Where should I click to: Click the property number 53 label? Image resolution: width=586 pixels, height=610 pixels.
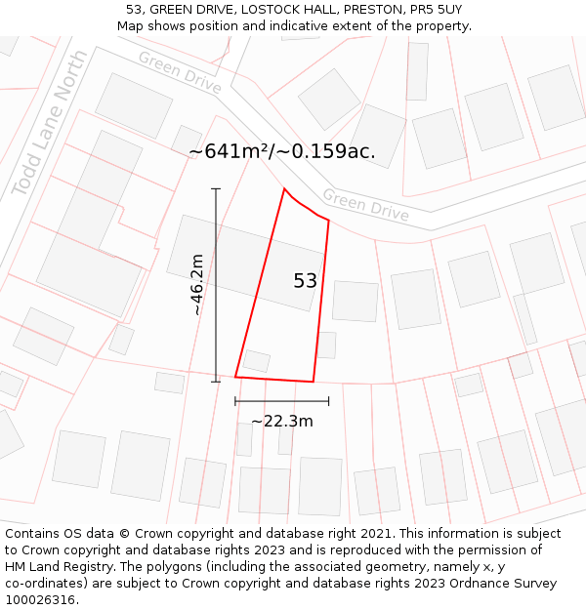305,281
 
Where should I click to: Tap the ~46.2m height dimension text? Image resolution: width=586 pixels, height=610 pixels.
196,284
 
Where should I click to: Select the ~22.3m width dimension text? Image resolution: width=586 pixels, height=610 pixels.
282,422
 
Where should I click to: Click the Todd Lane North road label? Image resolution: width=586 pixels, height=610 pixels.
48,124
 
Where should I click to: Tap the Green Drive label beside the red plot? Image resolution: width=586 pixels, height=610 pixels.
365,205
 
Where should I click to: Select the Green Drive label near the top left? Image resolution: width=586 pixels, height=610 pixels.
179,72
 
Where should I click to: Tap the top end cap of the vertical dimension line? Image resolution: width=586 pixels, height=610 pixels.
216,188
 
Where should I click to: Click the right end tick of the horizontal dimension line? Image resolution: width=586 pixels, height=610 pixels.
328,400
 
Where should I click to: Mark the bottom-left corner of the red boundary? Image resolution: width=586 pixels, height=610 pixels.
235,376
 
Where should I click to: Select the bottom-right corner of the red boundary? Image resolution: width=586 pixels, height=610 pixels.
313,382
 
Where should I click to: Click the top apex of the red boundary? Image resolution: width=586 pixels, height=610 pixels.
284,188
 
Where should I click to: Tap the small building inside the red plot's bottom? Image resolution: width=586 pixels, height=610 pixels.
257,361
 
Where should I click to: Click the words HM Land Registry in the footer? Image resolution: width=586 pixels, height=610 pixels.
54,566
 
